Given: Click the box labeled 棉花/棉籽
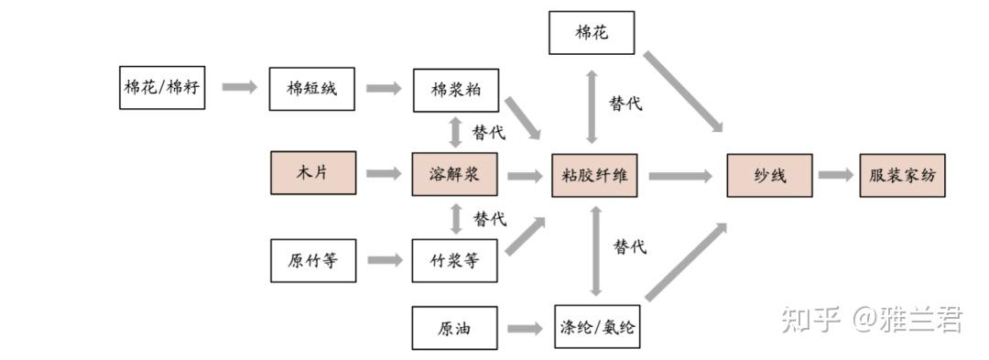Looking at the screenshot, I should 162,87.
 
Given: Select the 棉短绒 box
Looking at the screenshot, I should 311,89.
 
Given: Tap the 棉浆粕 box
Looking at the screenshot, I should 454,89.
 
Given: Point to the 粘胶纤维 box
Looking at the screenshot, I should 593,175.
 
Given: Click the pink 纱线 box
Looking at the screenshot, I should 769,175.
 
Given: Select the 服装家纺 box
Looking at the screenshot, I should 901,175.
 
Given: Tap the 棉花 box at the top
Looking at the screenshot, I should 592,32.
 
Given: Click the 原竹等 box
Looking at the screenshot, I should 311,260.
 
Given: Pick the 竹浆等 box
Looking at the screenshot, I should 454,260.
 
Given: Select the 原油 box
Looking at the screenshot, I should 454,328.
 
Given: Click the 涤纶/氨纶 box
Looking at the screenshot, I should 596,328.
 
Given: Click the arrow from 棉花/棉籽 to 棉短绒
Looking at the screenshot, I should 238,87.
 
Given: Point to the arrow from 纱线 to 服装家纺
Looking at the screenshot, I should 835,175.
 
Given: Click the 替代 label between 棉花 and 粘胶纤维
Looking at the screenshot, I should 625,104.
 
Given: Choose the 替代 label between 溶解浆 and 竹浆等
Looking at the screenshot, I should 489,219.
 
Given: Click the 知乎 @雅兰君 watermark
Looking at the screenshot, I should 871,320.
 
